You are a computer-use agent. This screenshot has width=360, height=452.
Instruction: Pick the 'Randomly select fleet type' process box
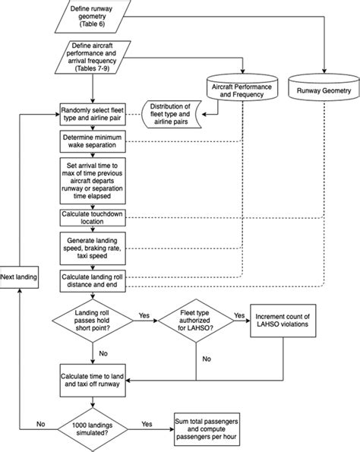point(93,115)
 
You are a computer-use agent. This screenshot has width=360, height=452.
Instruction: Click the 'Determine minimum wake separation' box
point(93,142)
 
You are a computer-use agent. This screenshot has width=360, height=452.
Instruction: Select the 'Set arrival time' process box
point(93,179)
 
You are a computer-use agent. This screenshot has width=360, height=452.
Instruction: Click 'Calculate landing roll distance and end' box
point(93,280)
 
